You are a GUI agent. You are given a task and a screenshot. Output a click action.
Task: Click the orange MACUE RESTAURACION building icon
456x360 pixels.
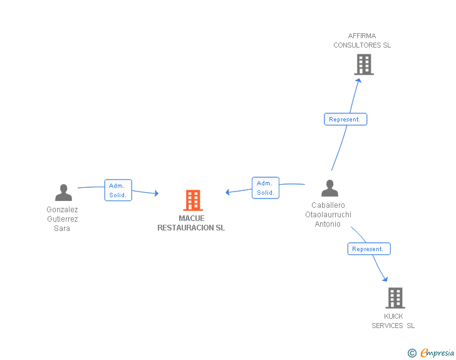[x=193, y=200]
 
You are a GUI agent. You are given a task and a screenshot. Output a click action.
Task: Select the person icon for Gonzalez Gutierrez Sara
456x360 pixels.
[x=63, y=192]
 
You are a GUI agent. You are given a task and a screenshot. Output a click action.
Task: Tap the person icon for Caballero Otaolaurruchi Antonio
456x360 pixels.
[x=329, y=188]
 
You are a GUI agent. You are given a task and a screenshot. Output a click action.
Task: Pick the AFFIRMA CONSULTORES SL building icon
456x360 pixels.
[x=364, y=65]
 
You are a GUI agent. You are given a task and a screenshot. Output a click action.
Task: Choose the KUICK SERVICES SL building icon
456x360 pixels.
[x=395, y=298]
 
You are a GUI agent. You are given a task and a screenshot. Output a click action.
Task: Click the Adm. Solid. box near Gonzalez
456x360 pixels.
[x=118, y=190]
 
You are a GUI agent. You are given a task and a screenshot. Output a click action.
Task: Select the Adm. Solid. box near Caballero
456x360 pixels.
[x=266, y=188]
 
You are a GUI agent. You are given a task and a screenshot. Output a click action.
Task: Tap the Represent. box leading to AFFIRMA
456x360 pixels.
[x=346, y=119]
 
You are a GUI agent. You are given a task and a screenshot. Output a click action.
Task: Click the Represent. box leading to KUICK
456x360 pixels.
[x=369, y=249]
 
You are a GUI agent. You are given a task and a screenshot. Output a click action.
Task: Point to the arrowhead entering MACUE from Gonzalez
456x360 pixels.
[x=157, y=193]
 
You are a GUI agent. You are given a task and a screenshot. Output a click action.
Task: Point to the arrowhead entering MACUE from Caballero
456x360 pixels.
[x=227, y=192]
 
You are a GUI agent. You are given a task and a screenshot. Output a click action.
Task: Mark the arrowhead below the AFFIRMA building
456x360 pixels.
[x=358, y=81]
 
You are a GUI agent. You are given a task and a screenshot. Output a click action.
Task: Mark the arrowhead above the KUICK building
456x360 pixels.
[x=385, y=279]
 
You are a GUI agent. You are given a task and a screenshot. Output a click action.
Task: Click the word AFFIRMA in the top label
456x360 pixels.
[x=362, y=36]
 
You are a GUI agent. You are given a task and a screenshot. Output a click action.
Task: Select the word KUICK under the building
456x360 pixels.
[x=393, y=316]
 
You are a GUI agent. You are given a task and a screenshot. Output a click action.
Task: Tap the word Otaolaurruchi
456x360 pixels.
[x=328, y=215]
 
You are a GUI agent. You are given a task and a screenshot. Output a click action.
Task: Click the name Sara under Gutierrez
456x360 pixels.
[x=62, y=229]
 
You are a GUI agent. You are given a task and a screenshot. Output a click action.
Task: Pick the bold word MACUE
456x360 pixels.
[x=192, y=219]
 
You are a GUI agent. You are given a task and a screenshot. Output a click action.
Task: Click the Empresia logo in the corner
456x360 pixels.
[x=437, y=352]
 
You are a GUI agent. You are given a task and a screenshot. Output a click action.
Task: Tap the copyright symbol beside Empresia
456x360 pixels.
[x=412, y=353]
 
